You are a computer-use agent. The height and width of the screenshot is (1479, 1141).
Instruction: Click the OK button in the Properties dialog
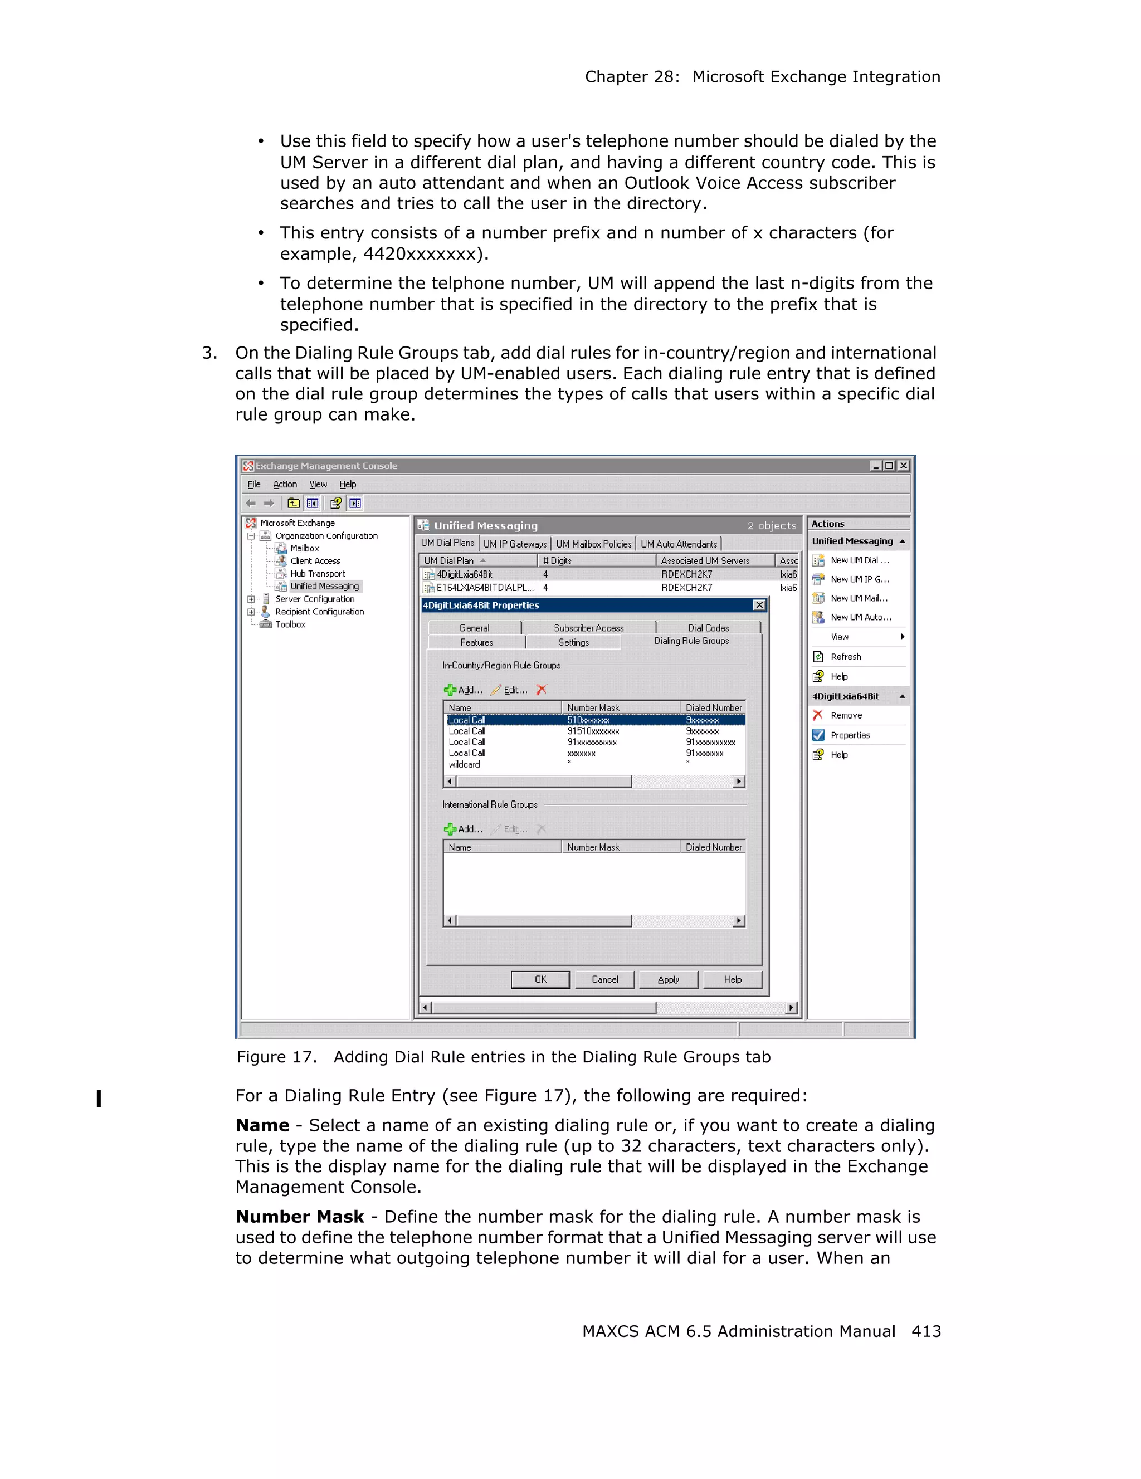[x=540, y=979]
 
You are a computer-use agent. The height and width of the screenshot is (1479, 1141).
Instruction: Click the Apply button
[x=667, y=979]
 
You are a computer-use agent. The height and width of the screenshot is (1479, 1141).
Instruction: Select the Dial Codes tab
[x=708, y=628]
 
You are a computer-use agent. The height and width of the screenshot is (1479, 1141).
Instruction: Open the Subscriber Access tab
[x=588, y=628]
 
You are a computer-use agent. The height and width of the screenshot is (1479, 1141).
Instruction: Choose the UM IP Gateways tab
[x=515, y=544]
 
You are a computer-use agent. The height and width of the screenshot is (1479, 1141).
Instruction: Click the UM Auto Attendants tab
[x=679, y=544]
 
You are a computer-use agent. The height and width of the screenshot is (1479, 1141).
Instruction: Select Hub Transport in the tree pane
[x=317, y=574]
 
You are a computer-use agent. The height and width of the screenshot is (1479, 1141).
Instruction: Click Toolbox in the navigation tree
[x=290, y=624]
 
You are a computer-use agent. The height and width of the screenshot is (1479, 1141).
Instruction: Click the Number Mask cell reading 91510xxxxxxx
[x=593, y=731]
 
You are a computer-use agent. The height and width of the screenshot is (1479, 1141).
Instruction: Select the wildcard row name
[x=464, y=764]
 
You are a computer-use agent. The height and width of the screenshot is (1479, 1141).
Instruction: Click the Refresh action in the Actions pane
[x=845, y=657]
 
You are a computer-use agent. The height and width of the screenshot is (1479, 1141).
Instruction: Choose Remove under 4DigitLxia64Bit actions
[x=846, y=716]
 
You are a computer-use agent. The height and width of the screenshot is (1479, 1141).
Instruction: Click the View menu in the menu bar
[x=318, y=484]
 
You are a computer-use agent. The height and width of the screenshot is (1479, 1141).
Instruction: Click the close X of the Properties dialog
[x=759, y=605]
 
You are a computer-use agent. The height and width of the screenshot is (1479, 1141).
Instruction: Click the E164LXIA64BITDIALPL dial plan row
[x=484, y=588]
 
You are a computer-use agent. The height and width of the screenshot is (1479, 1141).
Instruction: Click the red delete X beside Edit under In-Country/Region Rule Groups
[x=541, y=690]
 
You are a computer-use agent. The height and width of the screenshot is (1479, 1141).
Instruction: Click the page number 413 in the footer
[x=925, y=1331]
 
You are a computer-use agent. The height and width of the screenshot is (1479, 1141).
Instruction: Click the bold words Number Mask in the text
[x=299, y=1217]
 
